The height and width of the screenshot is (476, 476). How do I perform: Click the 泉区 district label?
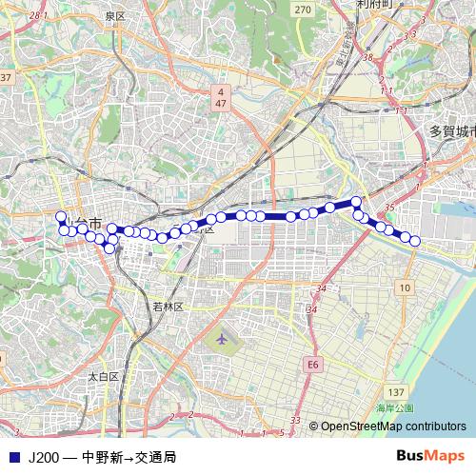click(x=115, y=16)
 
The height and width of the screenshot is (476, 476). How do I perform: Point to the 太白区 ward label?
click(x=103, y=377)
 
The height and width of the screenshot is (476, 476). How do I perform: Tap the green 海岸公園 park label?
click(x=394, y=408)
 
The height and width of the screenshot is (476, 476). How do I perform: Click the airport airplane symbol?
click(x=222, y=338)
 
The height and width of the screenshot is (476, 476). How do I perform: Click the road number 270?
click(x=303, y=10)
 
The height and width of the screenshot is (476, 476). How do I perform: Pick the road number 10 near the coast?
click(x=406, y=287)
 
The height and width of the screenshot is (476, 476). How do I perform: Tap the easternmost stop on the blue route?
click(x=414, y=241)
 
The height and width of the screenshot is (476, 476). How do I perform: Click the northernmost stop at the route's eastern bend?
click(x=356, y=202)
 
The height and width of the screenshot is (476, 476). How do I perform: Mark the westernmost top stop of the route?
click(x=62, y=217)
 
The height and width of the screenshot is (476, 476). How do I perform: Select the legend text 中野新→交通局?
click(x=129, y=456)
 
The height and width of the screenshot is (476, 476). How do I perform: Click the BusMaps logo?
click(x=430, y=455)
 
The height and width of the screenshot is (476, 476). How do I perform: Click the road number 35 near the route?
click(x=388, y=206)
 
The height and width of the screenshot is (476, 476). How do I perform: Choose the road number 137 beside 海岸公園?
click(x=396, y=392)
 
